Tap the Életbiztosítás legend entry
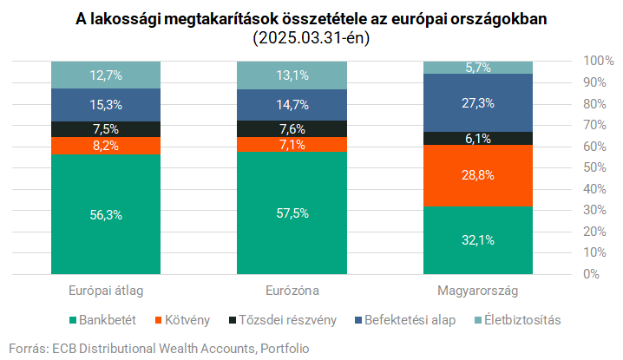tap(518, 320)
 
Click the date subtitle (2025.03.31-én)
tap(311, 39)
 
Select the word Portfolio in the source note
tap(284, 348)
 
